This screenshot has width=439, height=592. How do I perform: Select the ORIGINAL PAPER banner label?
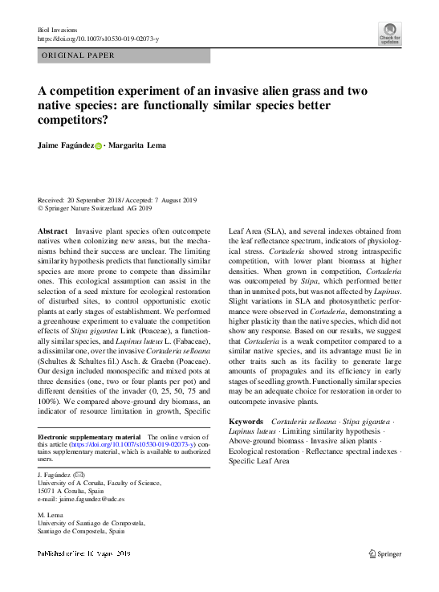pos(77,56)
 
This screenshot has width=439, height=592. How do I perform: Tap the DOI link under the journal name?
pos(99,39)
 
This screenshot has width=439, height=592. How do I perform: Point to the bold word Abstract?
pos(53,231)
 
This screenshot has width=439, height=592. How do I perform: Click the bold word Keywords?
pos(246,421)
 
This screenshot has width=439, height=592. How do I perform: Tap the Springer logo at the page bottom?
pos(384,553)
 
